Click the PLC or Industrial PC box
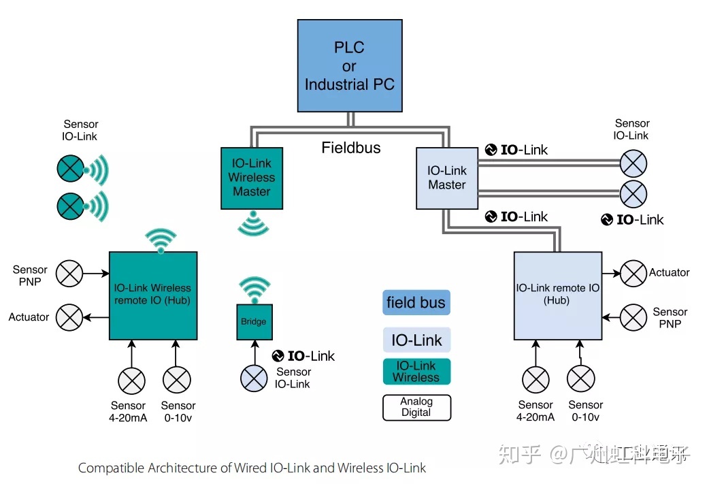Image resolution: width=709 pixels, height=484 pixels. click(349, 66)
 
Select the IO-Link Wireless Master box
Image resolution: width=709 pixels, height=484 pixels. click(252, 178)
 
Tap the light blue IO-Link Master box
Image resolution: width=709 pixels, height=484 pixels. click(446, 178)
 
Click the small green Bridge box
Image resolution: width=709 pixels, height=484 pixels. click(254, 322)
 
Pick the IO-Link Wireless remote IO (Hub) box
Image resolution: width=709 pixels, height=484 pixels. click(153, 295)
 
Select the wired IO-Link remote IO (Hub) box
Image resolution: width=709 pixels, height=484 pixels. click(557, 295)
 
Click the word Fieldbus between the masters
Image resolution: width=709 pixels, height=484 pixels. click(351, 148)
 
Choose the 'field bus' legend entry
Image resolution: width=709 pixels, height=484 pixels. click(416, 303)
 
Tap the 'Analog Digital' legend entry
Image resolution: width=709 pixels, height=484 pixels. click(416, 407)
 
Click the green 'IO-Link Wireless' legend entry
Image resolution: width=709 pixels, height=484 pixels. click(416, 372)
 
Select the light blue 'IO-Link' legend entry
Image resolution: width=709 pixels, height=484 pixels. click(416, 340)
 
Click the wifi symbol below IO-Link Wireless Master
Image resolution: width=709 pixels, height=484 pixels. click(252, 224)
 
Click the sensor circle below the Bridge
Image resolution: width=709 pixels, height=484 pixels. click(254, 378)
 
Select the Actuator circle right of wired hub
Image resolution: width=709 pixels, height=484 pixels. click(633, 274)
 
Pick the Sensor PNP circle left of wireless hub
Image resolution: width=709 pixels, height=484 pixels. click(69, 274)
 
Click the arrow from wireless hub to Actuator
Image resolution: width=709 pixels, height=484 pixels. click(96, 317)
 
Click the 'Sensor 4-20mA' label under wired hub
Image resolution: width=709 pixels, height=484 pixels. click(535, 411)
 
